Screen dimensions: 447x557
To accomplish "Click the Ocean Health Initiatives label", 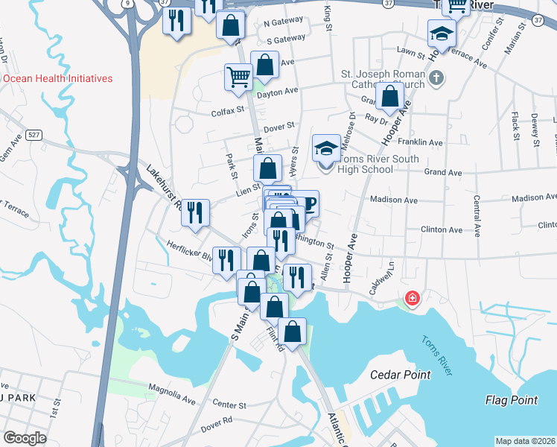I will coord(57,78).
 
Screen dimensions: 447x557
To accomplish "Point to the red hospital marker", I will coord(410,299).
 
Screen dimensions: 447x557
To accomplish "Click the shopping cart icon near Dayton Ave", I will coord(238,76).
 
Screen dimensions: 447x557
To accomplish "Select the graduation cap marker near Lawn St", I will coord(442,34).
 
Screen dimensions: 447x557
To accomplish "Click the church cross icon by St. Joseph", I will coord(437,77).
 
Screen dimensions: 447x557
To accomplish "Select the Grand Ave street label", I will coord(443,172).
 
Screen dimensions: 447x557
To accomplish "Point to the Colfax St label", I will coord(228,110).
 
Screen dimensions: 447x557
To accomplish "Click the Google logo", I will coord(25,438).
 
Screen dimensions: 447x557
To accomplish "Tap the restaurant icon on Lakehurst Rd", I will coord(197,213).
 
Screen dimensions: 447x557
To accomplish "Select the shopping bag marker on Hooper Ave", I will coord(390,95).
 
